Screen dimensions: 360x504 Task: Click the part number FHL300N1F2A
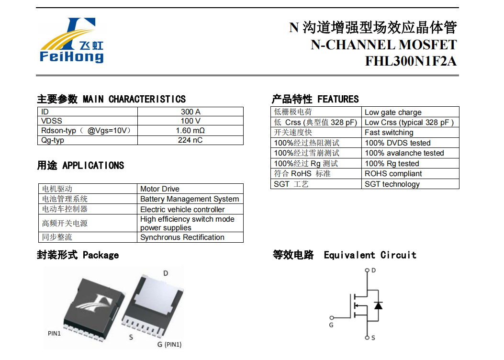(411, 61)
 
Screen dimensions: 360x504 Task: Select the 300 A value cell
(190, 112)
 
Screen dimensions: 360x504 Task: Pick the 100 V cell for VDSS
(190, 121)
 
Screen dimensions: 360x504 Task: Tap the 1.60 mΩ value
(190, 131)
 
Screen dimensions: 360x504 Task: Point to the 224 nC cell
(190, 140)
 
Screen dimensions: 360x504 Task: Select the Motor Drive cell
(160, 189)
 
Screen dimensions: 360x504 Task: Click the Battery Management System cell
(190, 199)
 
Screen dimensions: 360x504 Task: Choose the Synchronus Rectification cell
(182, 237)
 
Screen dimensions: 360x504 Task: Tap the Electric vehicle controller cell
(182, 210)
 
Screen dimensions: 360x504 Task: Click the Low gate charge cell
(393, 112)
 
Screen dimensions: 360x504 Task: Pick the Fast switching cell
(389, 133)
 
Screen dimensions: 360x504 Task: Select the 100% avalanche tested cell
(404, 153)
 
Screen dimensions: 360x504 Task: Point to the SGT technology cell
(392, 184)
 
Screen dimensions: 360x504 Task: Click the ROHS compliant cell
(393, 174)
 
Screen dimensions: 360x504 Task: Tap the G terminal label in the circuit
(331, 325)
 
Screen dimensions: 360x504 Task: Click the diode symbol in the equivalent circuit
(378, 305)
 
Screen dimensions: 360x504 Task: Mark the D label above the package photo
(166, 273)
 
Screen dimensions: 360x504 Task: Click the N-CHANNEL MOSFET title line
(383, 45)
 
